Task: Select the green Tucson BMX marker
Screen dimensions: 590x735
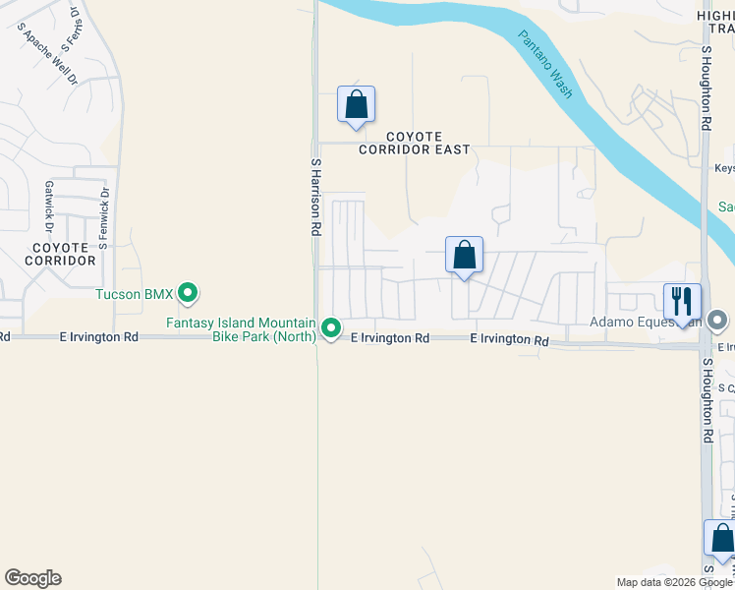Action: pyautogui.click(x=190, y=293)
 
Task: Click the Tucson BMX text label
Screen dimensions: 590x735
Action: pyautogui.click(x=134, y=294)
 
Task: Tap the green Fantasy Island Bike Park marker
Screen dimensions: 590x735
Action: pyautogui.click(x=332, y=328)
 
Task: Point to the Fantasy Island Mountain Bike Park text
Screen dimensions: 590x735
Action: pyautogui.click(x=241, y=329)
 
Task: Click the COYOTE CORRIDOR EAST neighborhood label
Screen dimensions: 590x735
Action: pyautogui.click(x=414, y=144)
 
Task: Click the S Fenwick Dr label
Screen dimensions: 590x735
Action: pyautogui.click(x=103, y=217)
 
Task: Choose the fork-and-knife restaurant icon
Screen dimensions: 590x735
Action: pyautogui.click(x=682, y=301)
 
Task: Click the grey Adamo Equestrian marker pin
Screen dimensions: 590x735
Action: pyautogui.click(x=717, y=321)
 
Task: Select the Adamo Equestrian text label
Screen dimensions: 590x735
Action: pyautogui.click(x=645, y=322)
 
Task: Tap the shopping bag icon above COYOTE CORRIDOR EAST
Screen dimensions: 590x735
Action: pyautogui.click(x=356, y=104)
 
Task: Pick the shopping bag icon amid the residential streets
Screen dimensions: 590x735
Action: pyautogui.click(x=464, y=255)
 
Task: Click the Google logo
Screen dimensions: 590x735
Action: pyautogui.click(x=32, y=578)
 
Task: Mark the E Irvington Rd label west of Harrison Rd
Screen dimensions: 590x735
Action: pyautogui.click(x=97, y=337)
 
